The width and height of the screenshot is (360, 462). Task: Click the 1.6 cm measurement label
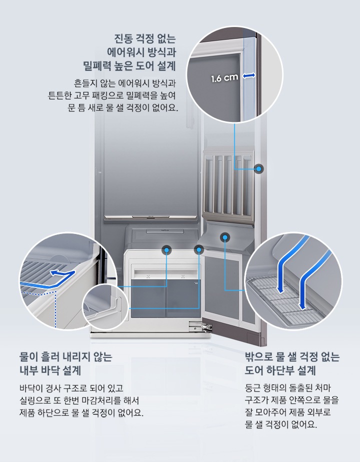tap(224, 78)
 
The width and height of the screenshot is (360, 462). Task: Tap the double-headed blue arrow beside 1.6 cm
tap(249, 75)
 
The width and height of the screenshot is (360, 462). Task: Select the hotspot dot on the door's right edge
tap(258, 169)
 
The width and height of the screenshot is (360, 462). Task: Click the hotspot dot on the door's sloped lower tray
tap(225, 237)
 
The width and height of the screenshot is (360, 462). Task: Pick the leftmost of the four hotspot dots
tap(166, 248)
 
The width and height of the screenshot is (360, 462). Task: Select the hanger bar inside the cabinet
tap(150, 217)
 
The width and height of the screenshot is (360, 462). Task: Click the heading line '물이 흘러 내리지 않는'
tap(65, 357)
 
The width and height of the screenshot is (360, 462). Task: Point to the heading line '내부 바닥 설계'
tap(50, 370)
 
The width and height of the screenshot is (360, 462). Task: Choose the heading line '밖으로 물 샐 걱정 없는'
tap(292, 357)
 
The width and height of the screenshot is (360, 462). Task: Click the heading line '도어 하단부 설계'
tap(280, 370)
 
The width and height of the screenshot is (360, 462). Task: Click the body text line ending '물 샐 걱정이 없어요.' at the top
tap(123, 107)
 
